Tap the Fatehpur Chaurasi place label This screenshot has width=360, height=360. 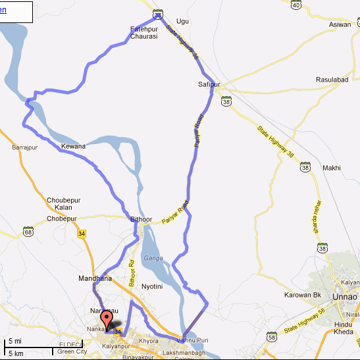(145, 33)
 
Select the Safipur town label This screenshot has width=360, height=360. (208, 85)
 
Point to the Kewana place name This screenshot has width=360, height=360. (73, 146)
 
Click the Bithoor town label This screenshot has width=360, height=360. (141, 219)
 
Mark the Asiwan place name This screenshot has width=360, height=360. (340, 24)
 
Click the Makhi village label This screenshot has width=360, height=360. (331, 168)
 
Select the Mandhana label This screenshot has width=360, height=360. (95, 278)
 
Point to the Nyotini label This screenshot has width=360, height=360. (152, 287)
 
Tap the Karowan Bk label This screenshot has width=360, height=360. (307, 296)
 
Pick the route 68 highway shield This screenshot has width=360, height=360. (28, 232)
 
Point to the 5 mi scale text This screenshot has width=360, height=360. (14, 342)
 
